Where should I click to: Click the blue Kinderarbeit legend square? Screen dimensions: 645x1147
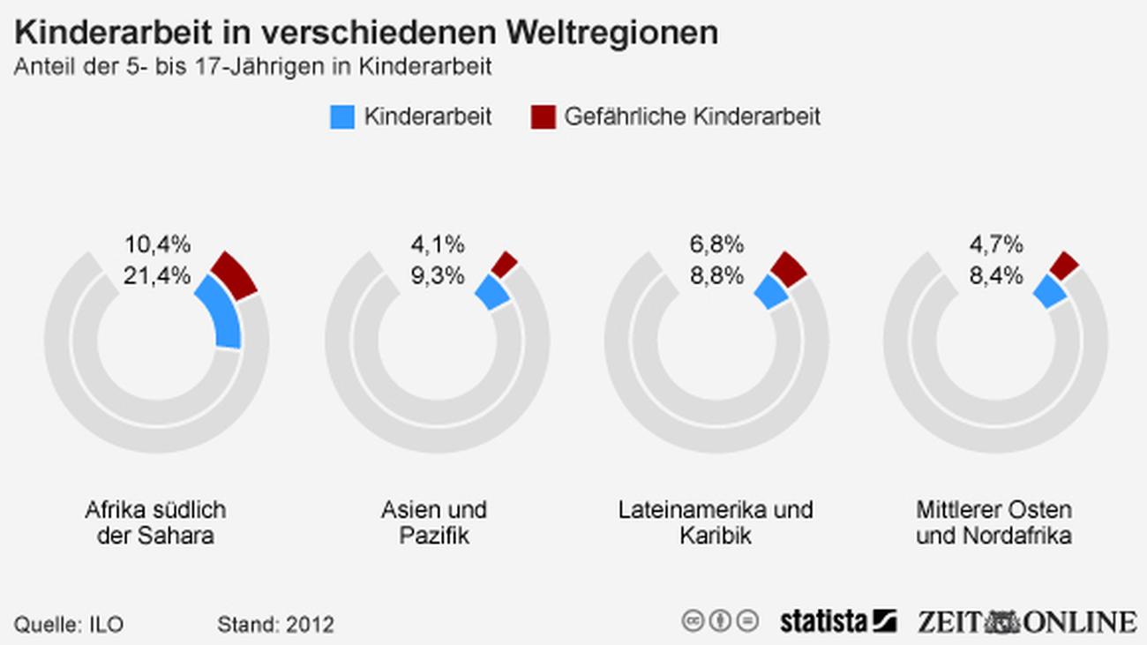342,116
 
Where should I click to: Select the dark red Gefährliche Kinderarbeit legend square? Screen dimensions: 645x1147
543,116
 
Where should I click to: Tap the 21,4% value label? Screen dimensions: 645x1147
157,275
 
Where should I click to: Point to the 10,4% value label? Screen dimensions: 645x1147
157,244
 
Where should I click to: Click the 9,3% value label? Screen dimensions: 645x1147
437,275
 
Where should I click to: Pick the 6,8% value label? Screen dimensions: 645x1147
716,244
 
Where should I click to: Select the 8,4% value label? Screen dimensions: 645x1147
996,275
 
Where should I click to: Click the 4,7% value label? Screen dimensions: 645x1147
996,244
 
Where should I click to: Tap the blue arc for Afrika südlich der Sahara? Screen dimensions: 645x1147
221,313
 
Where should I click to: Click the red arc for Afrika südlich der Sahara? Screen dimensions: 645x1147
235,274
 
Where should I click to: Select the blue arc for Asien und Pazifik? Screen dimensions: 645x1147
492,292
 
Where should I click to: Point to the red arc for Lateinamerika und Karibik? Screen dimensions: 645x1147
788,268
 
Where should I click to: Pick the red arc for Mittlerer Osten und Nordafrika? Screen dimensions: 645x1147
1064,265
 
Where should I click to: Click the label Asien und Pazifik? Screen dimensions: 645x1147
434,522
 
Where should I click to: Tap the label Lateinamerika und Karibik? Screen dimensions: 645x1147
715,522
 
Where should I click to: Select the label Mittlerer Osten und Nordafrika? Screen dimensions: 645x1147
993,522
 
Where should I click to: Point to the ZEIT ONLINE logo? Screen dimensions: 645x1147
1026,621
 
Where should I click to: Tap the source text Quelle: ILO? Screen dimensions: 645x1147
69,625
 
